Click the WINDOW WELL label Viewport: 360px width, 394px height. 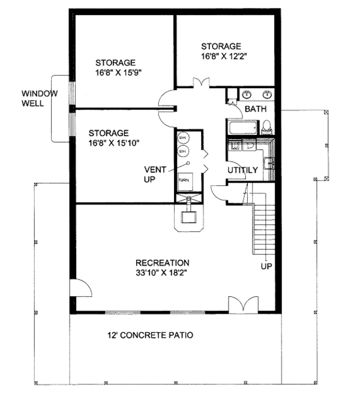[x=40, y=98]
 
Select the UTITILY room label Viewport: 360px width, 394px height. [x=242, y=170]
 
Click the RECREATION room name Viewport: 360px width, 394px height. [x=163, y=263]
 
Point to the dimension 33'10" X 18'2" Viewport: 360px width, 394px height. [x=163, y=273]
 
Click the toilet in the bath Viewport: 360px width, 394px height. [x=267, y=127]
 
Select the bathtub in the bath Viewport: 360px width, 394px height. [x=242, y=128]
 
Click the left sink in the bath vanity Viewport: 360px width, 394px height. [x=247, y=94]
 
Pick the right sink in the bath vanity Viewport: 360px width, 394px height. [x=266, y=94]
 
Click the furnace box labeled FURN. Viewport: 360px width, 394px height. [x=184, y=179]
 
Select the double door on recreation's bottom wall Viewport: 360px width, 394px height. [x=239, y=304]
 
